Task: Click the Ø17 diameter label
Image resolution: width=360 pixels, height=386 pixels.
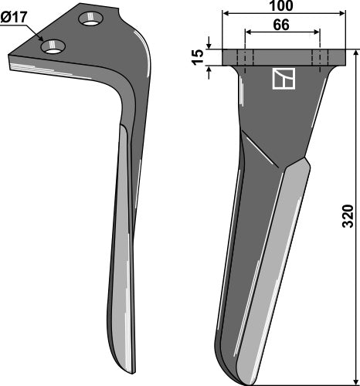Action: coord(14,18)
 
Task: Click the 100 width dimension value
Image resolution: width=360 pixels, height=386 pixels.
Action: coord(280,5)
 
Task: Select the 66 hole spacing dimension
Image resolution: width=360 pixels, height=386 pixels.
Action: coord(281,25)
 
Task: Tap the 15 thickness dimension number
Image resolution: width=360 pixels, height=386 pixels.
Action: coord(199,57)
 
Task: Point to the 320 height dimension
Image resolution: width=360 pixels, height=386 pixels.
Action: coord(348,216)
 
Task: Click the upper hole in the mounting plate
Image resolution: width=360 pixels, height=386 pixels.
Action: coord(91,19)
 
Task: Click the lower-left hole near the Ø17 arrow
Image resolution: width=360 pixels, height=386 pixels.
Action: coord(53,47)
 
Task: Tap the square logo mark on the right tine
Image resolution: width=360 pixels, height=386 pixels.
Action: coord(284,79)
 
